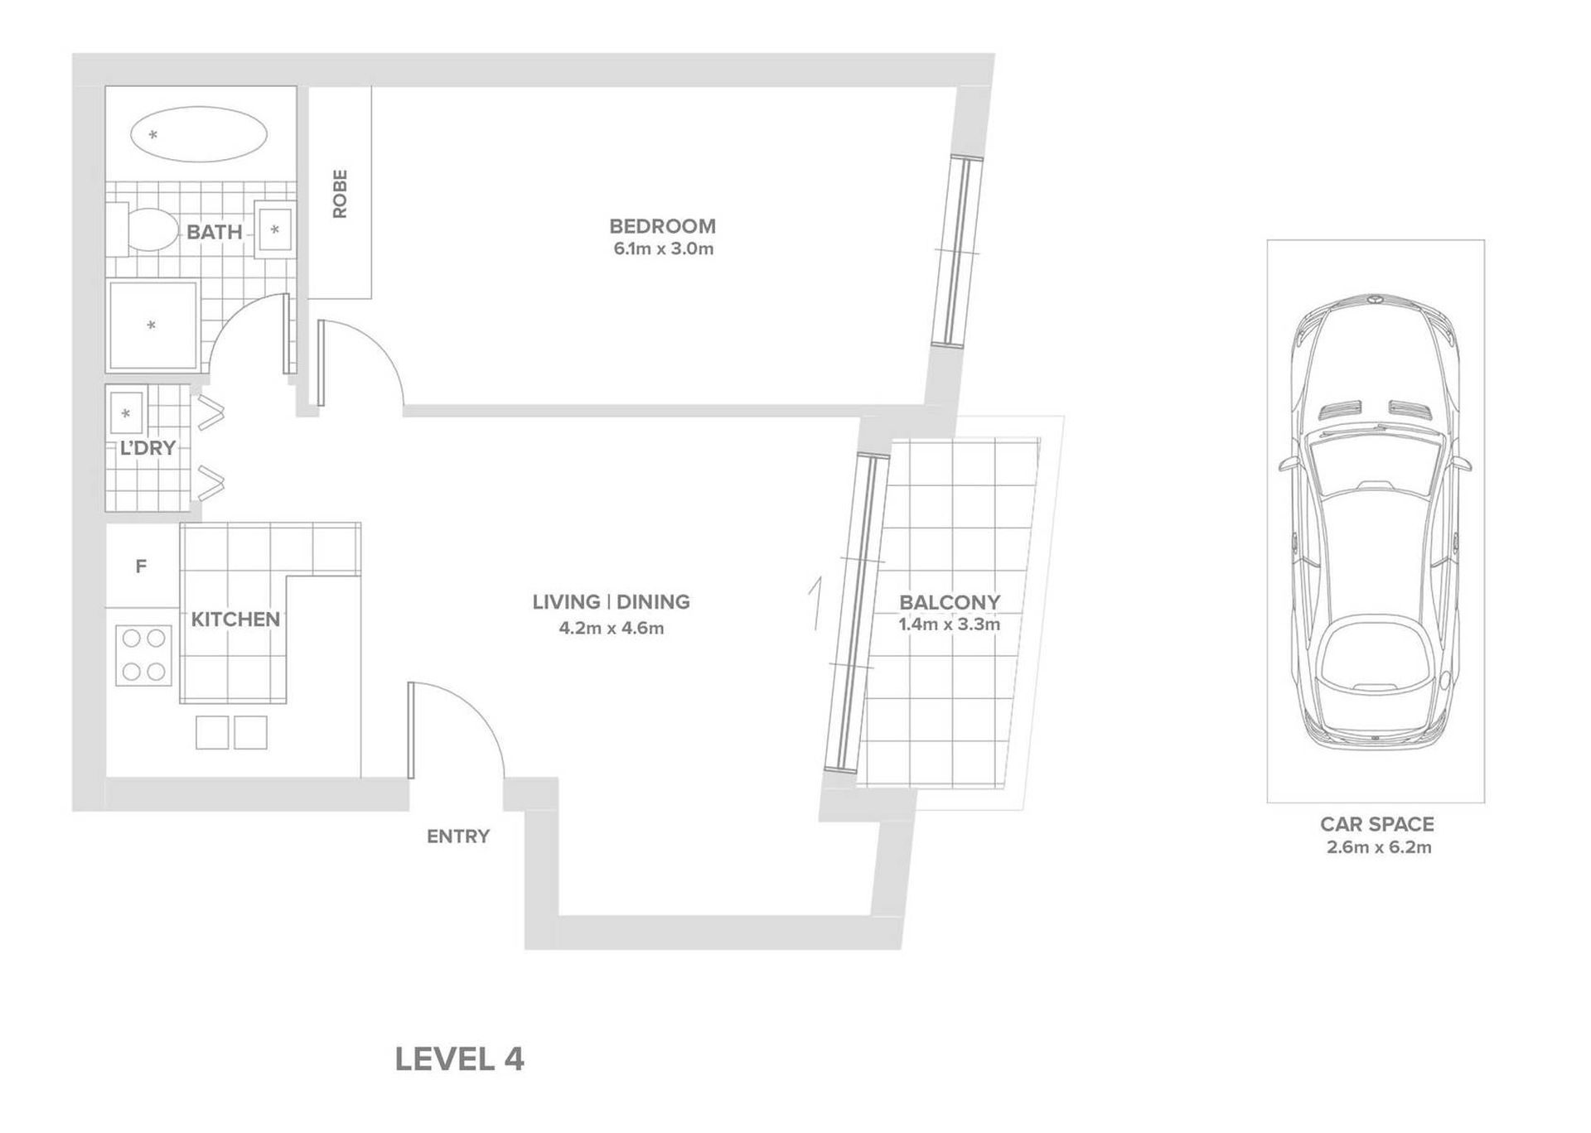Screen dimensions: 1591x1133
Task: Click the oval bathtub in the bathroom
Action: [x=199, y=134]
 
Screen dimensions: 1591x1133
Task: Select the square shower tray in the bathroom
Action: [x=152, y=325]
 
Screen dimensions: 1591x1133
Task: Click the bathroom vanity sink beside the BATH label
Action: [x=274, y=229]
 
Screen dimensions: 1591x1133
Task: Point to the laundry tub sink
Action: [x=127, y=412]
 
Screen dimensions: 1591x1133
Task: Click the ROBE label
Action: [x=340, y=194]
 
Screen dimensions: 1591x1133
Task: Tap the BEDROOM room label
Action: [x=662, y=226]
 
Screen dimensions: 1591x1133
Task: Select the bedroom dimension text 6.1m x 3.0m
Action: [x=663, y=248]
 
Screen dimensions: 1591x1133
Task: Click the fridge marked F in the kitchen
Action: [x=142, y=566]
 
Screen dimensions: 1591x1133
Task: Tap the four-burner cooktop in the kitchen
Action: [x=143, y=655]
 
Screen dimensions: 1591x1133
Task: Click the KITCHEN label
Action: [x=235, y=620]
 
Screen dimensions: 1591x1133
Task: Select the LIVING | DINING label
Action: [x=612, y=602]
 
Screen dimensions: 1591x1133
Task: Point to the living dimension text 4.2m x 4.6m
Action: [x=612, y=628]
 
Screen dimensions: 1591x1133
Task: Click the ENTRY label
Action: [x=458, y=836]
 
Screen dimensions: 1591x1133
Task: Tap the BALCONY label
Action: [x=950, y=602]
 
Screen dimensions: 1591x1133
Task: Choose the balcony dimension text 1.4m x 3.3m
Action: [x=950, y=624]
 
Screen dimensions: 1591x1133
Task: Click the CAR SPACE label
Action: [x=1376, y=824]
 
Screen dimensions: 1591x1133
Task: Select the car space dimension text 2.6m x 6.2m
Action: [x=1379, y=847]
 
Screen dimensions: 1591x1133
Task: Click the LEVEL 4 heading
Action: [x=460, y=1059]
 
